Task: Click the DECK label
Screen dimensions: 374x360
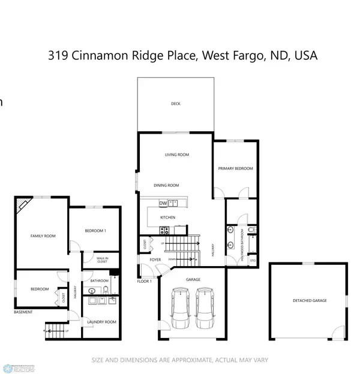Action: [x=176, y=104]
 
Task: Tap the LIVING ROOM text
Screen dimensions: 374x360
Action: [x=177, y=155]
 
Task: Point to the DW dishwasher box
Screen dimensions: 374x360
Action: [x=163, y=203]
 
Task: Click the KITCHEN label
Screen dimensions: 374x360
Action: [x=167, y=217]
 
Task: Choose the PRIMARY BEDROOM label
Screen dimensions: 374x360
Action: [x=235, y=168]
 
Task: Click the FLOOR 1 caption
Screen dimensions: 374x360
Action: [x=145, y=281]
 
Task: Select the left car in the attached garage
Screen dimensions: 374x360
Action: [x=179, y=305]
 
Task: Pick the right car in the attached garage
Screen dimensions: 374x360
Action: [x=204, y=305]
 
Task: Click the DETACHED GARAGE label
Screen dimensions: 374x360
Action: [x=310, y=300]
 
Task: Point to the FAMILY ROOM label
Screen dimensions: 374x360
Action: [x=43, y=236]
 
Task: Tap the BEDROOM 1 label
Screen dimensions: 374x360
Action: [x=95, y=231]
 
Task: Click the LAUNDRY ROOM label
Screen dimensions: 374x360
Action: [x=101, y=322]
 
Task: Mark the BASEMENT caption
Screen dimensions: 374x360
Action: [x=23, y=312]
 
